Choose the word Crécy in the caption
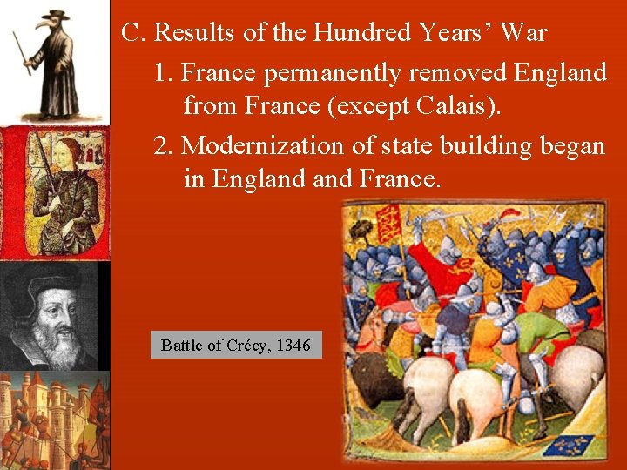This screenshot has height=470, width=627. [x=247, y=346]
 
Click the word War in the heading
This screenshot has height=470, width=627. [x=524, y=33]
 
